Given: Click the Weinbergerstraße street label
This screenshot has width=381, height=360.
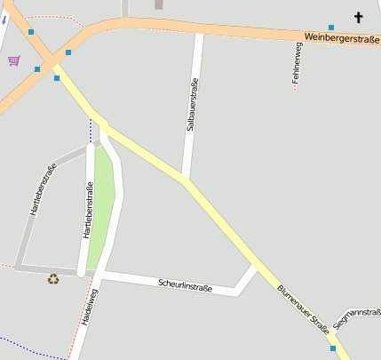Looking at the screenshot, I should (x=341, y=38).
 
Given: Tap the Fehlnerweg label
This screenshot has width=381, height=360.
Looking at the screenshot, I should (x=298, y=65).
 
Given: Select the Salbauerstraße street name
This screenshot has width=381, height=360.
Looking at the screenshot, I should (x=191, y=105).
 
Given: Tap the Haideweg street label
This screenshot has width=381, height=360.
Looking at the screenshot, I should (x=88, y=307).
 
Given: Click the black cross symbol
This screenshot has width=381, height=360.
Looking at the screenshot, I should (x=359, y=17).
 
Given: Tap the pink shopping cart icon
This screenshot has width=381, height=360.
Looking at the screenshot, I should (x=13, y=60).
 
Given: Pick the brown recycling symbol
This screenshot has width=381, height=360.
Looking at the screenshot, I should (x=53, y=278).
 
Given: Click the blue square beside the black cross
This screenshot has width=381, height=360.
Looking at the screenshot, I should (x=331, y=28).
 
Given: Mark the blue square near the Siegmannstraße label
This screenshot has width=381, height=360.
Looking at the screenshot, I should (x=333, y=348).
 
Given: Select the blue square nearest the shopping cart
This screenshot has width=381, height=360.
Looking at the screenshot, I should (x=37, y=68).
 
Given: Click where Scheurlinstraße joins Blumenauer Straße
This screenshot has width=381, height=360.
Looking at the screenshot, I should (x=255, y=265).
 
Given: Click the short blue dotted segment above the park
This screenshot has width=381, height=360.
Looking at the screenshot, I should (x=90, y=131).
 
